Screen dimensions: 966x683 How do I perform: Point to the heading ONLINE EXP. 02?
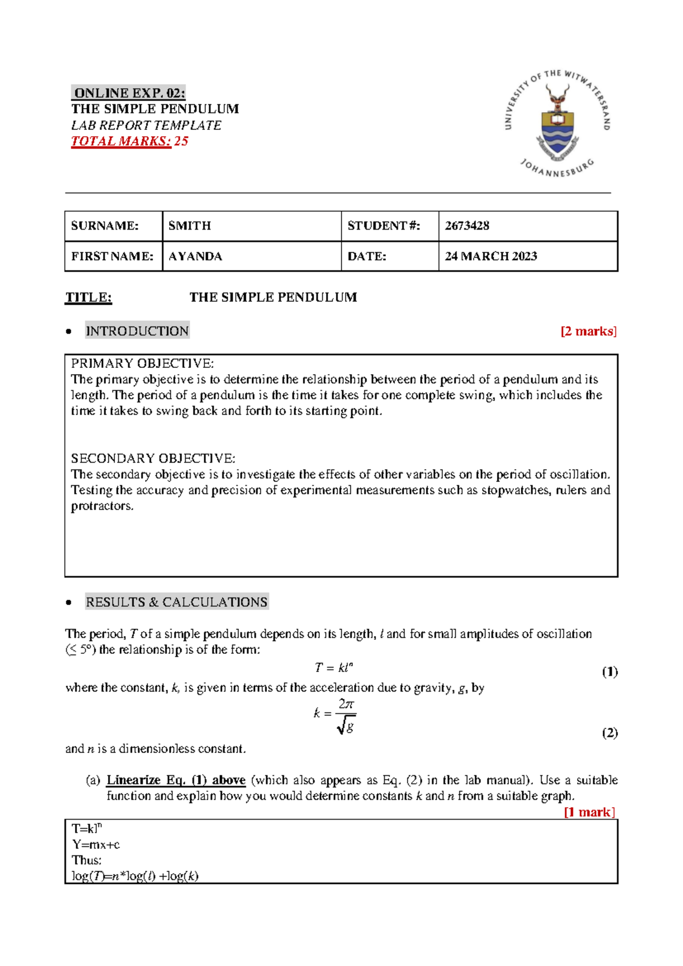click(x=129, y=93)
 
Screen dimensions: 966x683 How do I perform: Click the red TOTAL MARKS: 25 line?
click(x=129, y=141)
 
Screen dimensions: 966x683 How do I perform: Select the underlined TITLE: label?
click(x=88, y=297)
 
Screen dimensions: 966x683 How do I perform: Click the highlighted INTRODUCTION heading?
click(x=137, y=331)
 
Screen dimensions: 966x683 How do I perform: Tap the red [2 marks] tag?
click(x=588, y=331)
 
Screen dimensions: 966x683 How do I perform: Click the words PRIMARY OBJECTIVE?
click(x=142, y=363)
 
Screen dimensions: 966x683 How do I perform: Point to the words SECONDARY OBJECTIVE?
click(x=153, y=459)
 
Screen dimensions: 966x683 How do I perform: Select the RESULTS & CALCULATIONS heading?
click(x=176, y=602)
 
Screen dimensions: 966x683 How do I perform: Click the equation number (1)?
click(x=610, y=672)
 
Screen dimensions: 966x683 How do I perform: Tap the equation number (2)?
click(x=610, y=732)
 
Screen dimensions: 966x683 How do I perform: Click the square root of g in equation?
click(x=345, y=726)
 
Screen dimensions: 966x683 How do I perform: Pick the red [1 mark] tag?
click(x=589, y=812)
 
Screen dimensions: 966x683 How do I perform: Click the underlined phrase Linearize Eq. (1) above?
click(x=176, y=780)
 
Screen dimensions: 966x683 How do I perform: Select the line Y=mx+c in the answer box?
click(x=96, y=844)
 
